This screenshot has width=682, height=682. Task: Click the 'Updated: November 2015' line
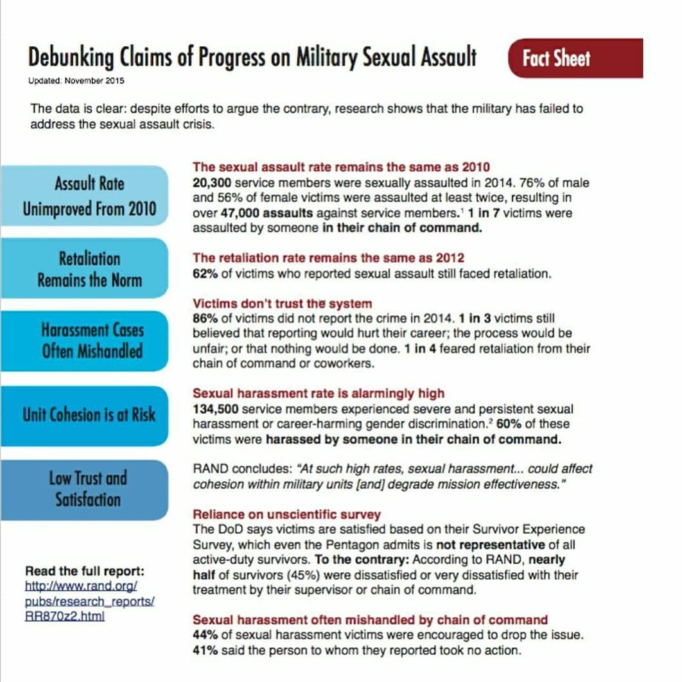(x=76, y=81)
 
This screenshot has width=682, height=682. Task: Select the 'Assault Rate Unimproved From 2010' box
(x=89, y=197)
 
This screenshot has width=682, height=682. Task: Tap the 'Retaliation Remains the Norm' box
(x=89, y=269)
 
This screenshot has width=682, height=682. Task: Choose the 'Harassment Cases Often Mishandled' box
(x=92, y=341)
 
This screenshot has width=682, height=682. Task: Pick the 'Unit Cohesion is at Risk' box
(x=89, y=414)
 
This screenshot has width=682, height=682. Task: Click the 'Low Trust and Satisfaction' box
(x=88, y=488)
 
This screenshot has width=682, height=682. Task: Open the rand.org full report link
(x=89, y=601)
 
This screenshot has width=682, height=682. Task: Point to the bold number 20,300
(x=211, y=182)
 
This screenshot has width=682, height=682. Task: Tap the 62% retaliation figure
(x=204, y=274)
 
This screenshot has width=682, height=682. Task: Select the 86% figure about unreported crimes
(x=204, y=319)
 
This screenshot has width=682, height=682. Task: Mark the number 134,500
(x=215, y=409)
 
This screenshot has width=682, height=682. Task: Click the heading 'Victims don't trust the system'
(x=282, y=303)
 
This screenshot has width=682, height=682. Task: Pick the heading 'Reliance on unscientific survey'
(x=286, y=514)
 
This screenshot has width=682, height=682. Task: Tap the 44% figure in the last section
(x=204, y=635)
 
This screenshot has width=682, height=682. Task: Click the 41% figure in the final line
(x=204, y=650)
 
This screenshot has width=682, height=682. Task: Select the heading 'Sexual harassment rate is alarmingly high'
(x=319, y=393)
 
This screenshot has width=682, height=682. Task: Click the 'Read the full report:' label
(x=85, y=571)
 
